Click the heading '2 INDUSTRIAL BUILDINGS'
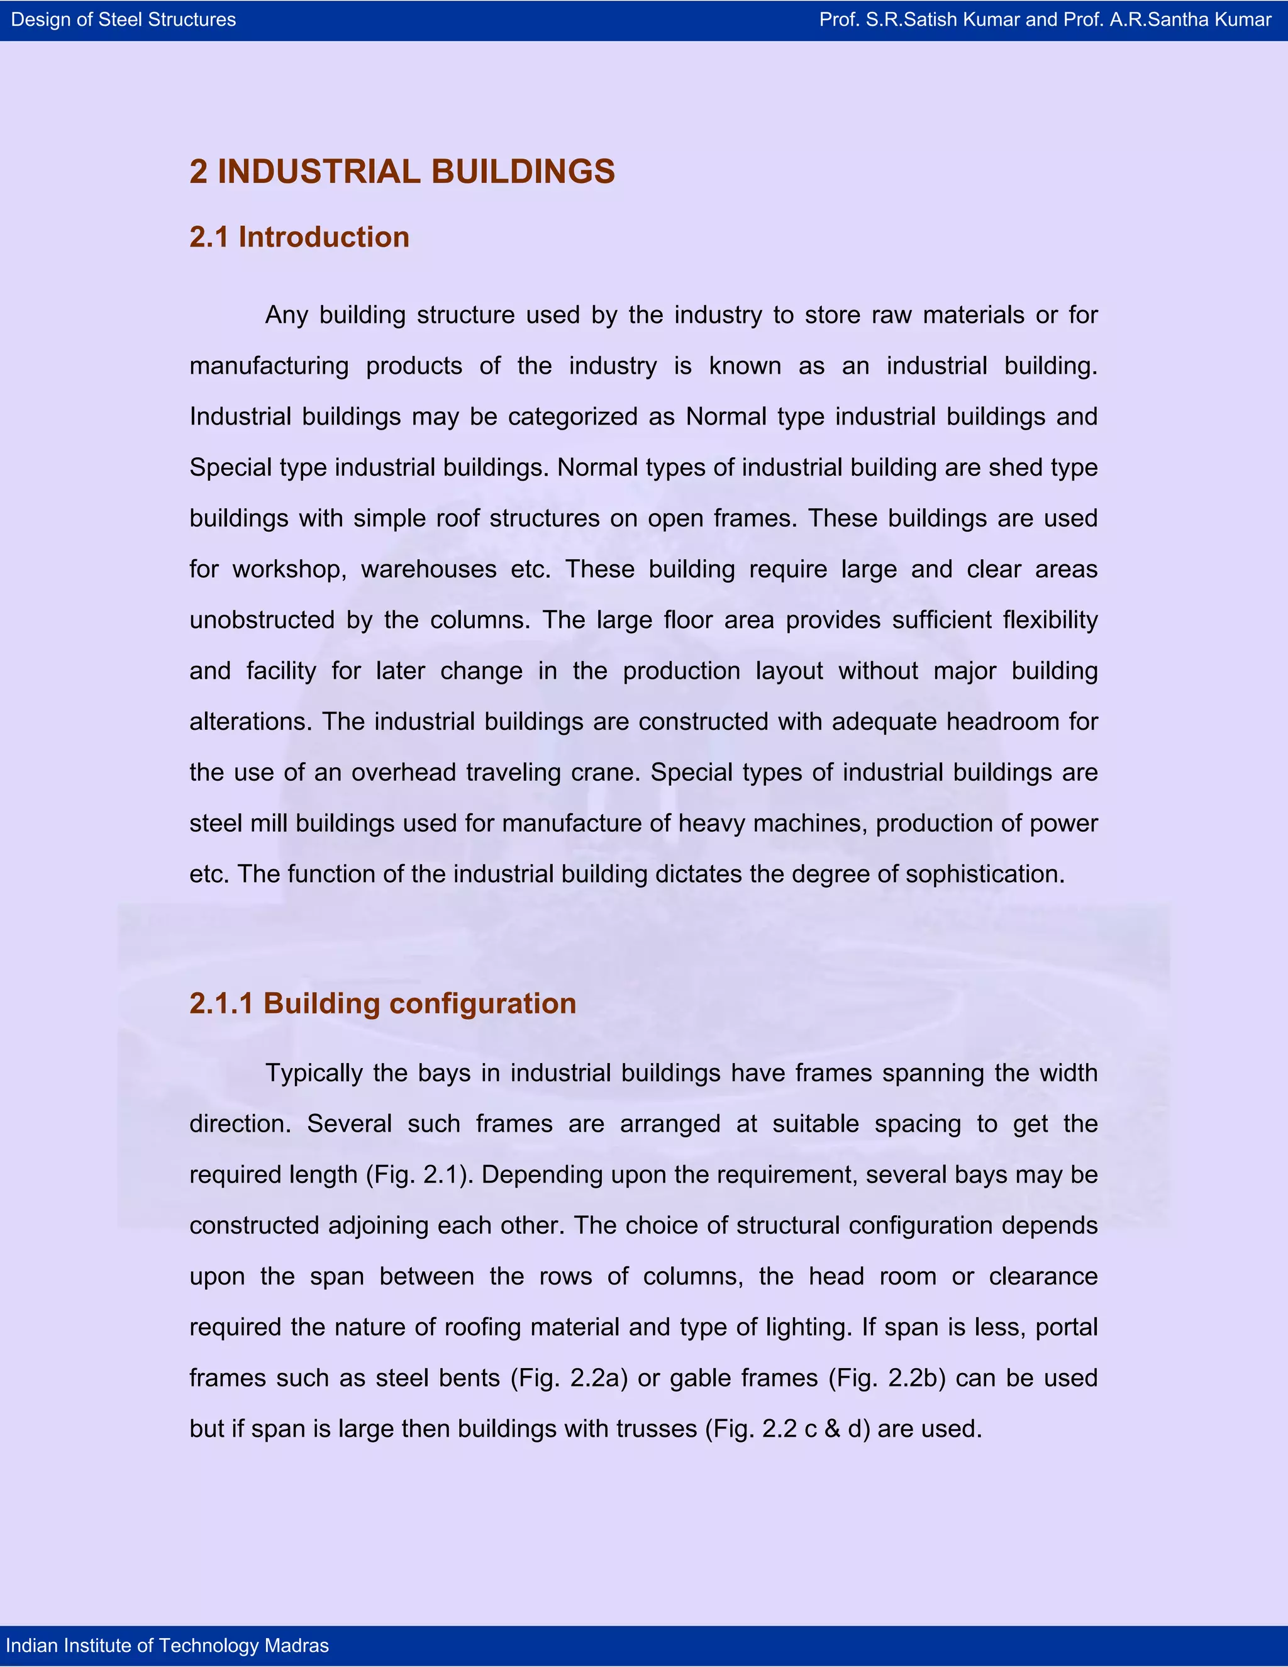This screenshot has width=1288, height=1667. click(401, 172)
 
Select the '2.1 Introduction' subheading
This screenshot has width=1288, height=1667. click(299, 237)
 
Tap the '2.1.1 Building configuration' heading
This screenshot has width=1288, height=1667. click(382, 1003)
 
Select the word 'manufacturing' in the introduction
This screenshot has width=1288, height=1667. click(269, 366)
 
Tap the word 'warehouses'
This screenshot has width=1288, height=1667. click(429, 569)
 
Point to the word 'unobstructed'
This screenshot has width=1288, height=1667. click(262, 620)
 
